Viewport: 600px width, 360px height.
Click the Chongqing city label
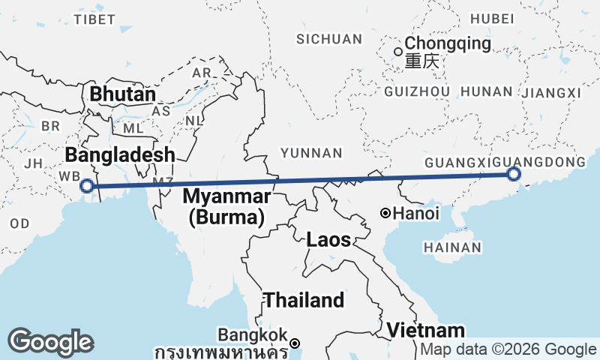point(448,43)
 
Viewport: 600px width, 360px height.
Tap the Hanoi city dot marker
point(385,213)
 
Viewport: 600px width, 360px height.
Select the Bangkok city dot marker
point(295,343)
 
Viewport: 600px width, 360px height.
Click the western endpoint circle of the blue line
point(87,186)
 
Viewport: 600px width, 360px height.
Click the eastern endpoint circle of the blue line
point(514,174)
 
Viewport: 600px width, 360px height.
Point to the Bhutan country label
point(122,95)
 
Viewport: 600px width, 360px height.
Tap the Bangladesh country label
point(120,155)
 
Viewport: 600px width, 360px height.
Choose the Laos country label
point(328,240)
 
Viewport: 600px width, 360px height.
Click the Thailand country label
point(304,301)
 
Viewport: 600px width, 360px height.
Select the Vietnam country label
point(425,330)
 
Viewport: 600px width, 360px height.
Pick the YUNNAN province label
point(311,153)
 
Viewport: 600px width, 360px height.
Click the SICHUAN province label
point(329,39)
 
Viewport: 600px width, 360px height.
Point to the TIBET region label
point(95,19)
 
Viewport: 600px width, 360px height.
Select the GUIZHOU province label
point(416,91)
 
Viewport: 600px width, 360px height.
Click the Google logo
point(50,342)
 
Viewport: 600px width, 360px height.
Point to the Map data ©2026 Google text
point(508,349)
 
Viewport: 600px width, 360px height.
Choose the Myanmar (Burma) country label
point(227,207)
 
